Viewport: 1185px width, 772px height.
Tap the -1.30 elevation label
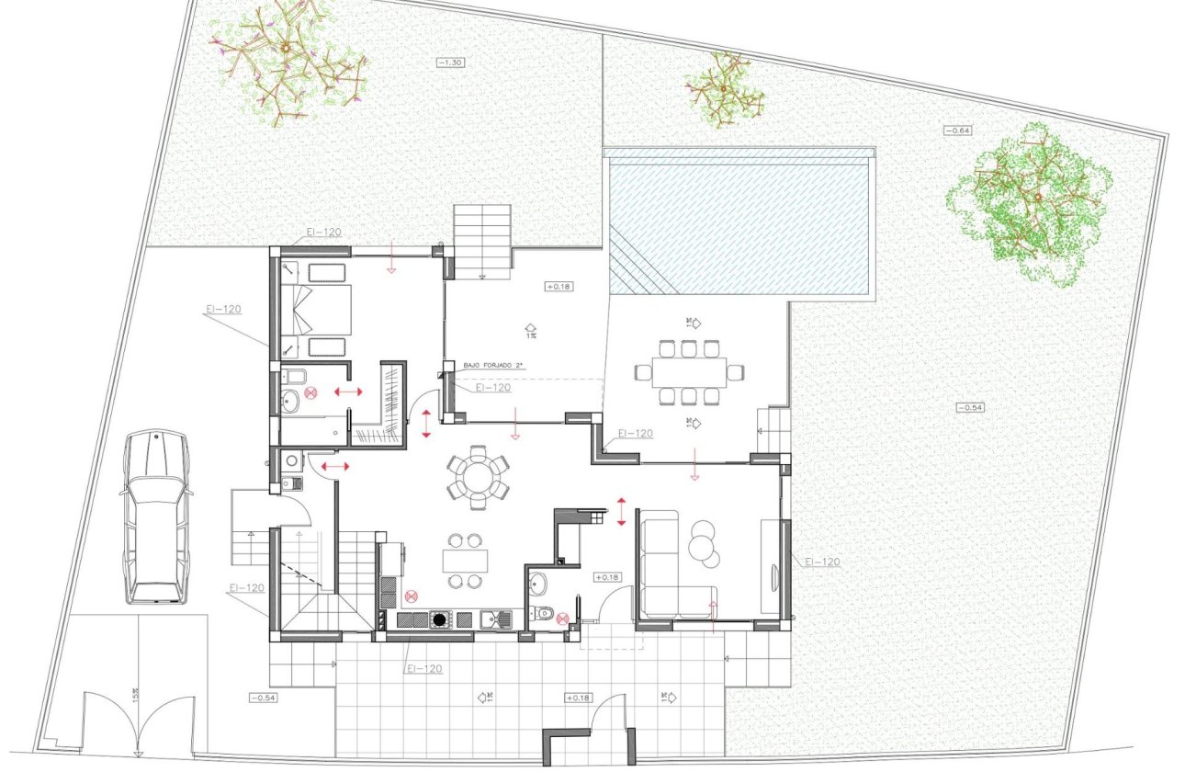[449, 62]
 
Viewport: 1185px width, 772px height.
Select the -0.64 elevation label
[958, 131]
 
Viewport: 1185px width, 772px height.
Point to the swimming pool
[739, 222]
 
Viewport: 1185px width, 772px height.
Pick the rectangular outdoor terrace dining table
[689, 371]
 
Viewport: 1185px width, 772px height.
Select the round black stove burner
[440, 619]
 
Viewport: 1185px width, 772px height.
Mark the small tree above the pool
[725, 90]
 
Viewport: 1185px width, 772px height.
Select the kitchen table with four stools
[465, 561]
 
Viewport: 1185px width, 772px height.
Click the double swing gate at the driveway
[139, 721]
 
